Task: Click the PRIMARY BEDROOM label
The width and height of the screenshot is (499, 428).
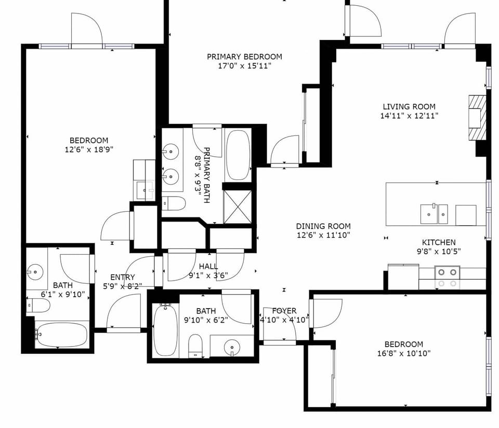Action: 244,57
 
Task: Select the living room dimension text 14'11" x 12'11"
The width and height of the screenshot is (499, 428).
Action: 409,116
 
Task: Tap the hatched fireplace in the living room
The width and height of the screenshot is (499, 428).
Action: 477,118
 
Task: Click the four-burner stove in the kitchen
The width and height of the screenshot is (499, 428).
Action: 447,277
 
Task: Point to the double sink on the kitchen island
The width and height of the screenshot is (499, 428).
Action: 434,214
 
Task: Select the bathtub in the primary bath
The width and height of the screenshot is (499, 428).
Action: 238,155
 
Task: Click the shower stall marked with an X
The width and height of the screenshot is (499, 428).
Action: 237,206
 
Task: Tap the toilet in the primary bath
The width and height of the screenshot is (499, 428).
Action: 173,203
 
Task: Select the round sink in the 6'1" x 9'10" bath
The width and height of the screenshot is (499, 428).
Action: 35,271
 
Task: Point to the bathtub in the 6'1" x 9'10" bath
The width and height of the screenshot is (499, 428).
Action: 56,335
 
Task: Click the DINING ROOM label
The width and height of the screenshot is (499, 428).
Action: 323,226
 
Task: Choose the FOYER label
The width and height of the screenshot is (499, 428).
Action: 284,311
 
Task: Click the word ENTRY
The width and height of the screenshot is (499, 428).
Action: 123,277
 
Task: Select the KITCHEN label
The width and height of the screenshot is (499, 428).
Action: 438,242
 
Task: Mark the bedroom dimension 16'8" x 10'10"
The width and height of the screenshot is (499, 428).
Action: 403,353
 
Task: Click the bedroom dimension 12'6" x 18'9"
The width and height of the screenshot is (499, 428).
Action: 89,149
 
